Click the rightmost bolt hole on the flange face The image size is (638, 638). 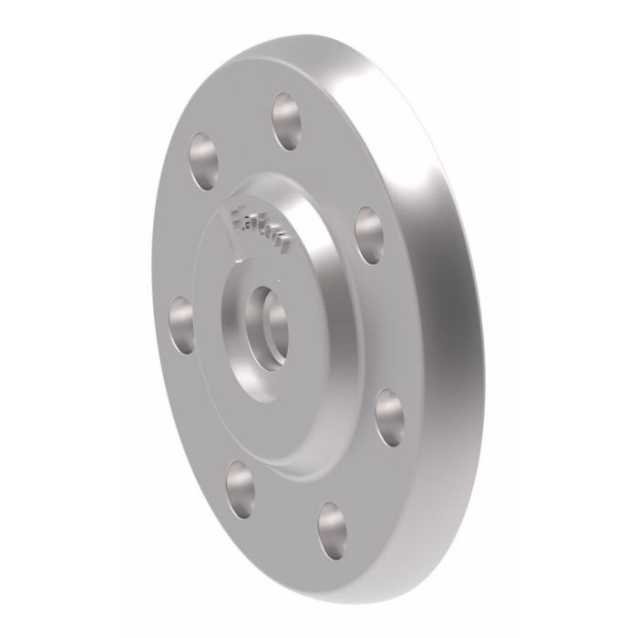[x=389, y=413]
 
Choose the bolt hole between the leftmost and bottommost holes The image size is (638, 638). [x=239, y=478]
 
